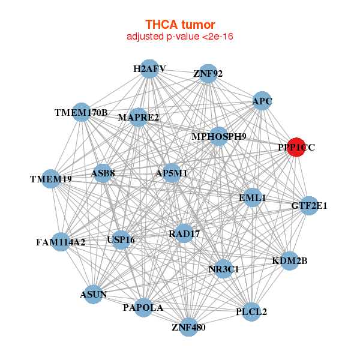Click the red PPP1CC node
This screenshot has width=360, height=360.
[x=296, y=147]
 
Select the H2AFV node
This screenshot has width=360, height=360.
[x=149, y=69]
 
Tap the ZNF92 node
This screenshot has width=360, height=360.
[x=208, y=73]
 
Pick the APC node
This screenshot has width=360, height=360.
[x=262, y=101]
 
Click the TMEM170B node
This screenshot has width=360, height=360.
[x=82, y=112]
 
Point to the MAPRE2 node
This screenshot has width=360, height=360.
[x=139, y=117]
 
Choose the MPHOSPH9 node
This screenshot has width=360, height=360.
[x=219, y=136]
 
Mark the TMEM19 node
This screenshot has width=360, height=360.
[x=51, y=179]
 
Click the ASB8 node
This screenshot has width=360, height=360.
[x=103, y=173]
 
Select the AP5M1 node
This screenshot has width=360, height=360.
[x=172, y=173]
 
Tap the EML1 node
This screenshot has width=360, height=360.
[x=253, y=198]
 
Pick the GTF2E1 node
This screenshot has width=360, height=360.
[x=309, y=206]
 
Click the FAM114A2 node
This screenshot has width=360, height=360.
[x=61, y=242]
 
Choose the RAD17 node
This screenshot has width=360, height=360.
[x=184, y=233]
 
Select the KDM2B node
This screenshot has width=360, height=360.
[x=290, y=261]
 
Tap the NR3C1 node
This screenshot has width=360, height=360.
[x=224, y=269]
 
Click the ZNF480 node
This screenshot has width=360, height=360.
[x=189, y=327]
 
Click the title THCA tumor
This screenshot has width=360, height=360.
[x=180, y=25]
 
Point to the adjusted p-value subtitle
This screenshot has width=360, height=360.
[x=180, y=37]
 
